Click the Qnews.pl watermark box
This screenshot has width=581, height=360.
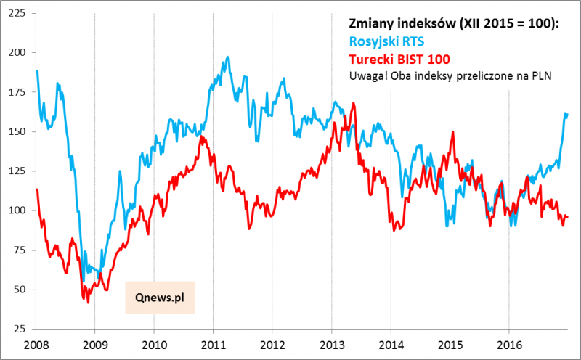(160, 297)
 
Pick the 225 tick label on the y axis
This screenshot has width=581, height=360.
(15, 14)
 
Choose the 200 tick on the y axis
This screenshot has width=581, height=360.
(15, 53)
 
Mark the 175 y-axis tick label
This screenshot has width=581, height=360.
(15, 92)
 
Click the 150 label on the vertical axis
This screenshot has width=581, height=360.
(15, 132)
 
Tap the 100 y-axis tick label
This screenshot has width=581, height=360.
(15, 210)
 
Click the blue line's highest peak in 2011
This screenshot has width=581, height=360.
(228, 57)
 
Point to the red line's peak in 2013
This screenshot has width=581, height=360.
(353, 103)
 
